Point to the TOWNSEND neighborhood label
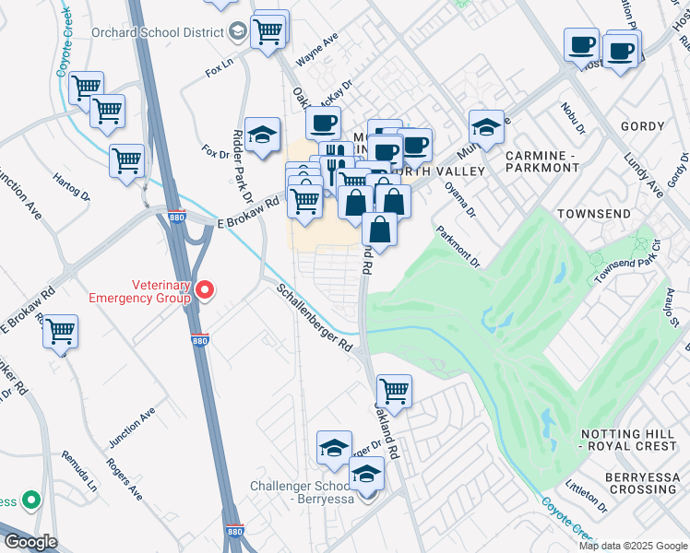tap(594, 214)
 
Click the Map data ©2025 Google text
tap(631, 546)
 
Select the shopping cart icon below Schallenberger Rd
tap(394, 391)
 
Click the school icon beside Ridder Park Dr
tap(262, 135)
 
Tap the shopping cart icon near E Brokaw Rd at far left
tap(61, 332)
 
